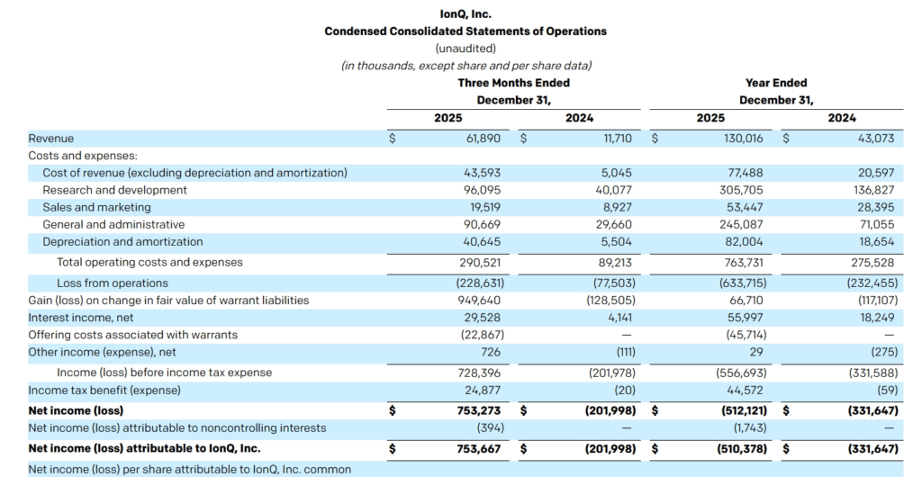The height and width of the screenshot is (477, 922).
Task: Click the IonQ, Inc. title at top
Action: pyautogui.click(x=466, y=14)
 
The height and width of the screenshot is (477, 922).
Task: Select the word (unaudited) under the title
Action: pyautogui.click(x=466, y=48)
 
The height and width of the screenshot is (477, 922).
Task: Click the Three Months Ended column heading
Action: pyautogui.click(x=513, y=83)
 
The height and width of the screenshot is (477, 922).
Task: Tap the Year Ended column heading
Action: pyautogui.click(x=776, y=83)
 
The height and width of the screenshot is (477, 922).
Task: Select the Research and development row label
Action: pyautogui.click(x=115, y=190)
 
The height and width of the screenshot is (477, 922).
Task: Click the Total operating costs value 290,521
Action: pyautogui.click(x=480, y=262)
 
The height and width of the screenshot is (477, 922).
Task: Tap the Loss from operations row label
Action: pyautogui.click(x=113, y=283)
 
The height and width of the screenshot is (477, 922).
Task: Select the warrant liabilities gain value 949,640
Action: pyautogui.click(x=480, y=300)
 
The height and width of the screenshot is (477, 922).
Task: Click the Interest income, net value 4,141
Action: pyautogui.click(x=619, y=317)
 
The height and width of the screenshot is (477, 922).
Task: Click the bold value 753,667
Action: pyautogui.click(x=479, y=447)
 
